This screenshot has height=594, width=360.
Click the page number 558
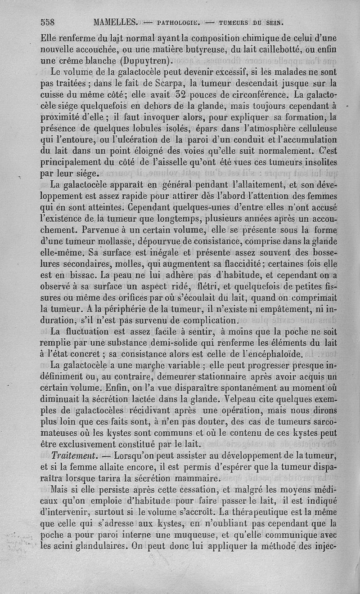[x=48, y=22]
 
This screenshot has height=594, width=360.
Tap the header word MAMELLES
[x=116, y=22]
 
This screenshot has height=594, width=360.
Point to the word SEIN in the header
[x=274, y=22]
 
